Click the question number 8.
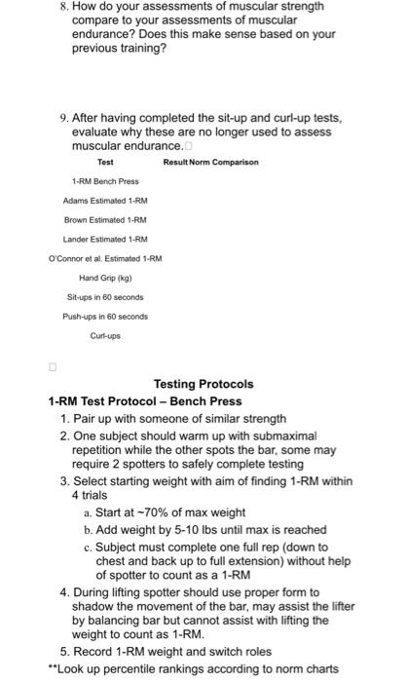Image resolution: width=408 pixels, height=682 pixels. [63, 8]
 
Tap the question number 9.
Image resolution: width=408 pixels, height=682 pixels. [63, 119]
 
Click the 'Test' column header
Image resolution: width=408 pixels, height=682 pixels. [105, 162]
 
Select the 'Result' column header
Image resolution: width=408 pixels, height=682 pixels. [175, 162]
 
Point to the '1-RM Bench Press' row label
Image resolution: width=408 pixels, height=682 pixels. [105, 181]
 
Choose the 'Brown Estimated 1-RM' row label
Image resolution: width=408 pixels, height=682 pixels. [105, 219]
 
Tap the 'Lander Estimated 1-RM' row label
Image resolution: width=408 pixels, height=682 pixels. [105, 239]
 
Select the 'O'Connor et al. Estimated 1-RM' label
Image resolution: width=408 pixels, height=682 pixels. [105, 258]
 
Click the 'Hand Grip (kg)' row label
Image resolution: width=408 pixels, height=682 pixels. [105, 277]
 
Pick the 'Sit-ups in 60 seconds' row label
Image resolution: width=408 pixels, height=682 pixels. [105, 296]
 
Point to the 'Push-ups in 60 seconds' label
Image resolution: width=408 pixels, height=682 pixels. [105, 316]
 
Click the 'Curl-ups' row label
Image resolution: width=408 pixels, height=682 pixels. [105, 335]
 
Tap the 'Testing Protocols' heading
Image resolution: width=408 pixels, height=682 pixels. [204, 384]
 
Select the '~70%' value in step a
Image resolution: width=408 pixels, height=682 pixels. [144, 512]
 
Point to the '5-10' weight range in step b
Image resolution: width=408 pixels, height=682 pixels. [172, 530]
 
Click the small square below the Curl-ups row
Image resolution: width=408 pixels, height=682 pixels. [54, 367]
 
